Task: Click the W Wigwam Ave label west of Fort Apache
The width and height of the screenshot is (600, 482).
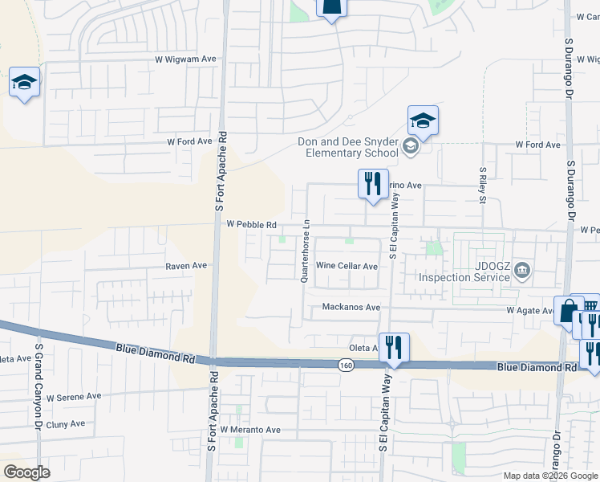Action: click(186, 59)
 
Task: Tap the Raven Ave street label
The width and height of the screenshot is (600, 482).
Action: click(186, 265)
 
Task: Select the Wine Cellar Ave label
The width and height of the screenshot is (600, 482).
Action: click(347, 266)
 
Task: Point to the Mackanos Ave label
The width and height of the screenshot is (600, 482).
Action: click(351, 307)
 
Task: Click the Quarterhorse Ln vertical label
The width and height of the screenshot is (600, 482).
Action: click(305, 250)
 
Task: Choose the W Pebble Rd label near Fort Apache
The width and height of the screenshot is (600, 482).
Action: click(251, 225)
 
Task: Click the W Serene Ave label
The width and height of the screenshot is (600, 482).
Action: click(74, 396)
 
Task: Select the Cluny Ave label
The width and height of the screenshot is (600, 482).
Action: click(66, 424)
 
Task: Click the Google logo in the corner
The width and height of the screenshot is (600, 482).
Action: click(26, 472)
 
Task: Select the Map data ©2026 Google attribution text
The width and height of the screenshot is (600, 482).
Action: click(550, 476)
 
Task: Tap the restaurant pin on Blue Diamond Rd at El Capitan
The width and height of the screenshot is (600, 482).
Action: click(394, 347)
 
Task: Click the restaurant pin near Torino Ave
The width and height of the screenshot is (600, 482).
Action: click(372, 183)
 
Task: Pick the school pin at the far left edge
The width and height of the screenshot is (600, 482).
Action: click(24, 82)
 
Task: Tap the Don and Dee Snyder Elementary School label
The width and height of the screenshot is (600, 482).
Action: click(347, 147)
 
